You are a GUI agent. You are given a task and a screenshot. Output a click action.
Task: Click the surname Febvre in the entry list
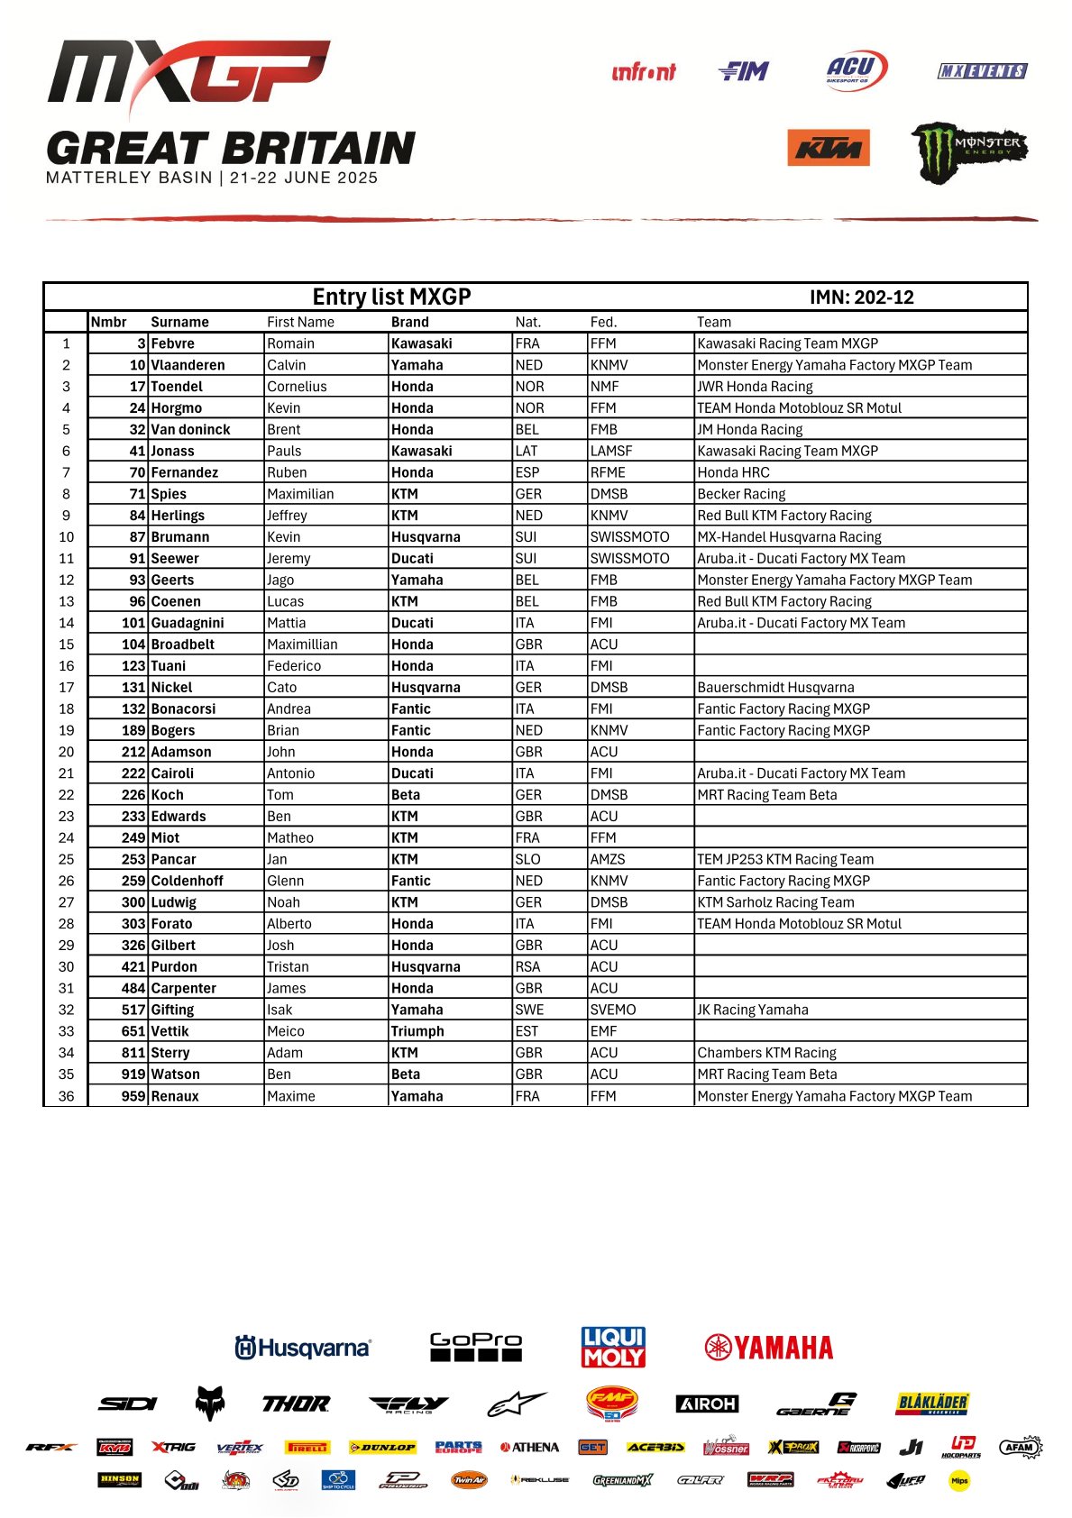pyautogui.click(x=173, y=343)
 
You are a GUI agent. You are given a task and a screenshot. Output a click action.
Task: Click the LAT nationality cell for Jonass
pyautogui.click(x=527, y=451)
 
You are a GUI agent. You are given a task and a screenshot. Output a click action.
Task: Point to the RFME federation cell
pyautogui.click(x=608, y=472)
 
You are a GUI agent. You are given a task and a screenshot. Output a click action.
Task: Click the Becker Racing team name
pyautogui.click(x=741, y=494)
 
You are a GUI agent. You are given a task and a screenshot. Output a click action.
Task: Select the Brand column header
pyautogui.click(x=410, y=322)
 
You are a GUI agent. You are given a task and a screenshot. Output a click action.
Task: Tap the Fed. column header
pyautogui.click(x=603, y=322)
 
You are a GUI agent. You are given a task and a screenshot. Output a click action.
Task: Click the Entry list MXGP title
pyautogui.click(x=391, y=297)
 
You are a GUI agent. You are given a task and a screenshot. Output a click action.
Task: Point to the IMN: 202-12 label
pyautogui.click(x=861, y=297)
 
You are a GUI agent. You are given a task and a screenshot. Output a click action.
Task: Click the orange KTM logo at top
pyautogui.click(x=829, y=148)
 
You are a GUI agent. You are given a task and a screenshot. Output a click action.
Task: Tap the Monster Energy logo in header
pyautogui.click(x=969, y=151)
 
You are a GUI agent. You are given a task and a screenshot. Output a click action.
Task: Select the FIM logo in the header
pyautogui.click(x=745, y=71)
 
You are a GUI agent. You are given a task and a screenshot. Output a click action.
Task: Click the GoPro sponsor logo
pyautogui.click(x=475, y=1347)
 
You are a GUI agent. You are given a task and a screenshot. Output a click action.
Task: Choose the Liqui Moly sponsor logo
pyautogui.click(x=613, y=1347)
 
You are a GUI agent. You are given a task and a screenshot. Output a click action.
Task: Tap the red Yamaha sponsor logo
pyautogui.click(x=769, y=1348)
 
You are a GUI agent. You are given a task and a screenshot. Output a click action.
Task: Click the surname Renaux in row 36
pyautogui.click(x=175, y=1096)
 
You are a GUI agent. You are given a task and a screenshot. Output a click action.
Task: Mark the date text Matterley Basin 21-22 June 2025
pyautogui.click(x=212, y=178)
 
